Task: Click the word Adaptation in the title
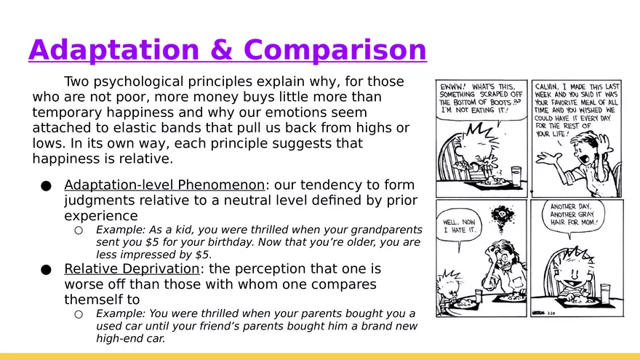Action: tap(114, 50)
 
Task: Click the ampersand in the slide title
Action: tap(222, 49)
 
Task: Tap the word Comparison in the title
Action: tap(335, 50)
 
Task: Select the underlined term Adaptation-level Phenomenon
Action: tap(164, 185)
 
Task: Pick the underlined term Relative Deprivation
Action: tap(132, 268)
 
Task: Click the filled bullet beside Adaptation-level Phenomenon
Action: tap(46, 186)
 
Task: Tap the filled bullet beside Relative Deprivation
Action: tap(46, 270)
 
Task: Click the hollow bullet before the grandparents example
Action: tap(79, 231)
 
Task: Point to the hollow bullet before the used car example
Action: tap(79, 314)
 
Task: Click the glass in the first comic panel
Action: tap(516, 175)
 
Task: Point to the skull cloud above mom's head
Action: tap(502, 215)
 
